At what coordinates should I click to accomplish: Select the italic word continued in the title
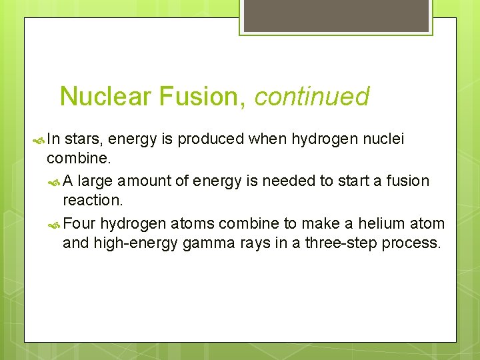pyautogui.click(x=311, y=97)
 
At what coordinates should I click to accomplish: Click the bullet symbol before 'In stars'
pyautogui.click(x=37, y=139)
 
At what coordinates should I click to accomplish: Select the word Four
pyautogui.click(x=81, y=223)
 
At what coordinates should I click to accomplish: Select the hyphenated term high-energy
pyautogui.click(x=136, y=243)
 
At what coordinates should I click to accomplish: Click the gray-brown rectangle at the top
pyautogui.click(x=335, y=15)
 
